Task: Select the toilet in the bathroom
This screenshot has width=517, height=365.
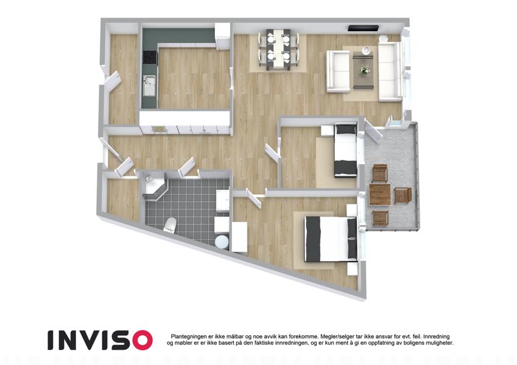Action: coord(170,224)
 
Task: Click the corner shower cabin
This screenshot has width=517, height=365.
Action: coord(155,186)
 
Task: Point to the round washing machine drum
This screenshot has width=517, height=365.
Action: coord(222,242)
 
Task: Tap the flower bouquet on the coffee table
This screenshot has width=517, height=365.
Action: coord(364,71)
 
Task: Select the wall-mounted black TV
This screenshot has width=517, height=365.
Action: coord(364,28)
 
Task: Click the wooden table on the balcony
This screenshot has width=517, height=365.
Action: coord(380,194)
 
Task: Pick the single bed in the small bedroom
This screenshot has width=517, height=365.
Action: coord(345,150)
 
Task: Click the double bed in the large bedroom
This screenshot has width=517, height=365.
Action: coord(331,238)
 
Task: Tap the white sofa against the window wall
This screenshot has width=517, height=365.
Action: coord(390,72)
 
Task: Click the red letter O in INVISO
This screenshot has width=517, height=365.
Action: coord(142,340)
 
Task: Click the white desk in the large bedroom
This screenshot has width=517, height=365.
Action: coord(239,237)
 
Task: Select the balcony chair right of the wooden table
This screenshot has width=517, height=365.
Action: coord(403,195)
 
